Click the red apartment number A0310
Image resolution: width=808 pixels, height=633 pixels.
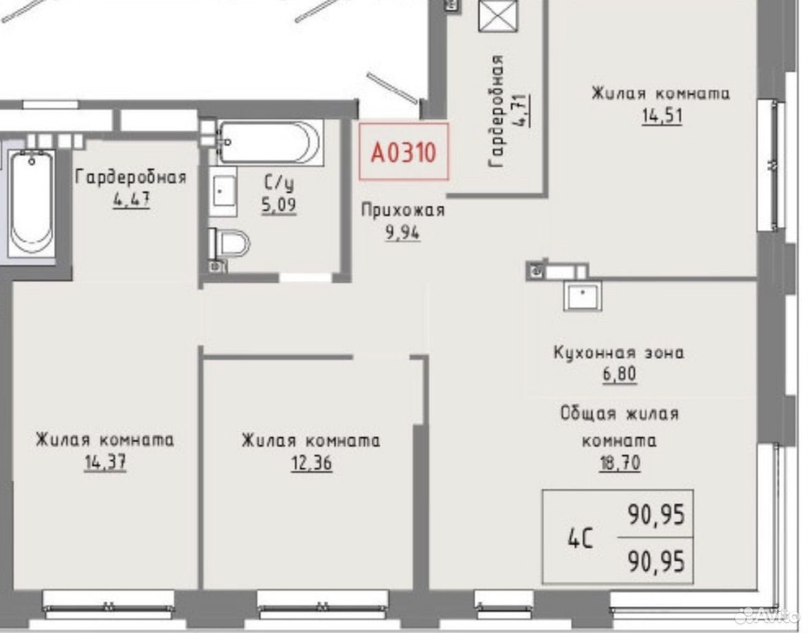point(403,153)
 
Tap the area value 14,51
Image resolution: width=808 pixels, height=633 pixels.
point(662,115)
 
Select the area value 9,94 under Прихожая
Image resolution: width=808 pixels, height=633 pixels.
point(403,233)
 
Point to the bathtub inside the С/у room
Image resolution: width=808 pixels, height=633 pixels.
point(270,142)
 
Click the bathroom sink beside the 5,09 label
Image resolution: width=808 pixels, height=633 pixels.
point(224,191)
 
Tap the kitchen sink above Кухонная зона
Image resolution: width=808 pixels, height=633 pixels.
point(583,296)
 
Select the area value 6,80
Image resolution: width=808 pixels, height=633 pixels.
point(620,374)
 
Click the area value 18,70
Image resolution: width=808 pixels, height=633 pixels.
point(620,463)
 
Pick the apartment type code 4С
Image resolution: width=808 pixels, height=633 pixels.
point(580,539)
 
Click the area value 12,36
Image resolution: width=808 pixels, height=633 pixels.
point(311,463)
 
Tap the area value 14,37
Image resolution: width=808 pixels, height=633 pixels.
point(105,462)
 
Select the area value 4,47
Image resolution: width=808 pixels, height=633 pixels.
point(131,199)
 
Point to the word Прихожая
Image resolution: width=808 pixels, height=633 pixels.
point(403,210)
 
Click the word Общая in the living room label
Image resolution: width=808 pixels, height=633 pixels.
point(588,414)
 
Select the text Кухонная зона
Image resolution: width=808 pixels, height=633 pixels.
point(618,353)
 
